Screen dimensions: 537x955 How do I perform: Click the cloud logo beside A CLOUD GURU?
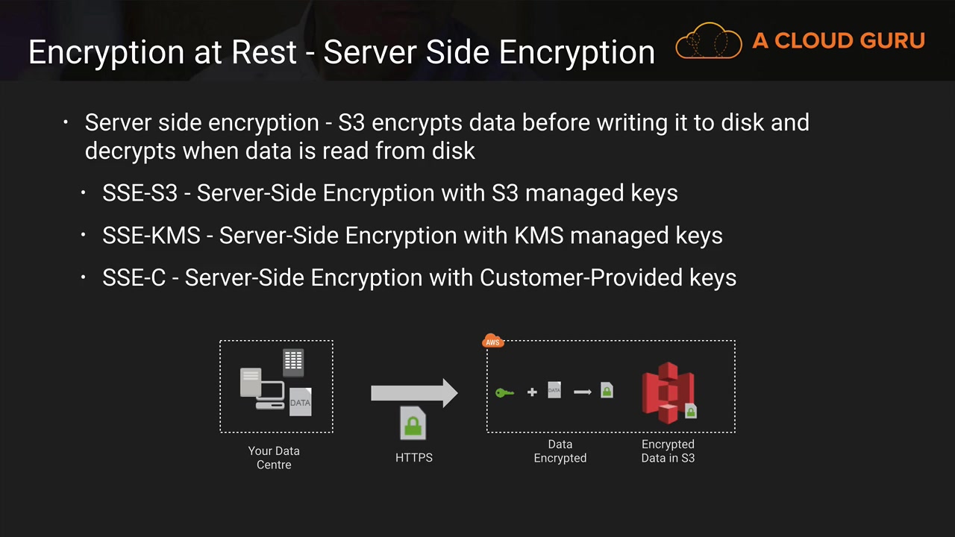(x=708, y=41)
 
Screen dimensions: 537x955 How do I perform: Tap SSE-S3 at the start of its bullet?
(x=140, y=193)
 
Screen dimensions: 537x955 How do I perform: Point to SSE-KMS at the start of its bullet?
(x=151, y=236)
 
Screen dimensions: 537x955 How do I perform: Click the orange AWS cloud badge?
(x=493, y=342)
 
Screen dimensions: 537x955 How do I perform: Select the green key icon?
(x=504, y=392)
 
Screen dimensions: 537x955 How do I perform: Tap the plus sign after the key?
(x=532, y=392)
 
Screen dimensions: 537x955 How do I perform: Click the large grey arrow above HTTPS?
(x=414, y=393)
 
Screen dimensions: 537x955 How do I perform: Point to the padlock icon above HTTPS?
(x=413, y=425)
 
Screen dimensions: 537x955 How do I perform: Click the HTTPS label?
(x=414, y=457)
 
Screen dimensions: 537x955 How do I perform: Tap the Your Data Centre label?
(x=274, y=457)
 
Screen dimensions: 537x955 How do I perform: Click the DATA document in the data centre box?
(x=300, y=402)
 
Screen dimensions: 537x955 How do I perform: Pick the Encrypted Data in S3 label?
(x=668, y=450)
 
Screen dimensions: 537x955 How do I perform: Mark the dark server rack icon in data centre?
(x=293, y=362)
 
